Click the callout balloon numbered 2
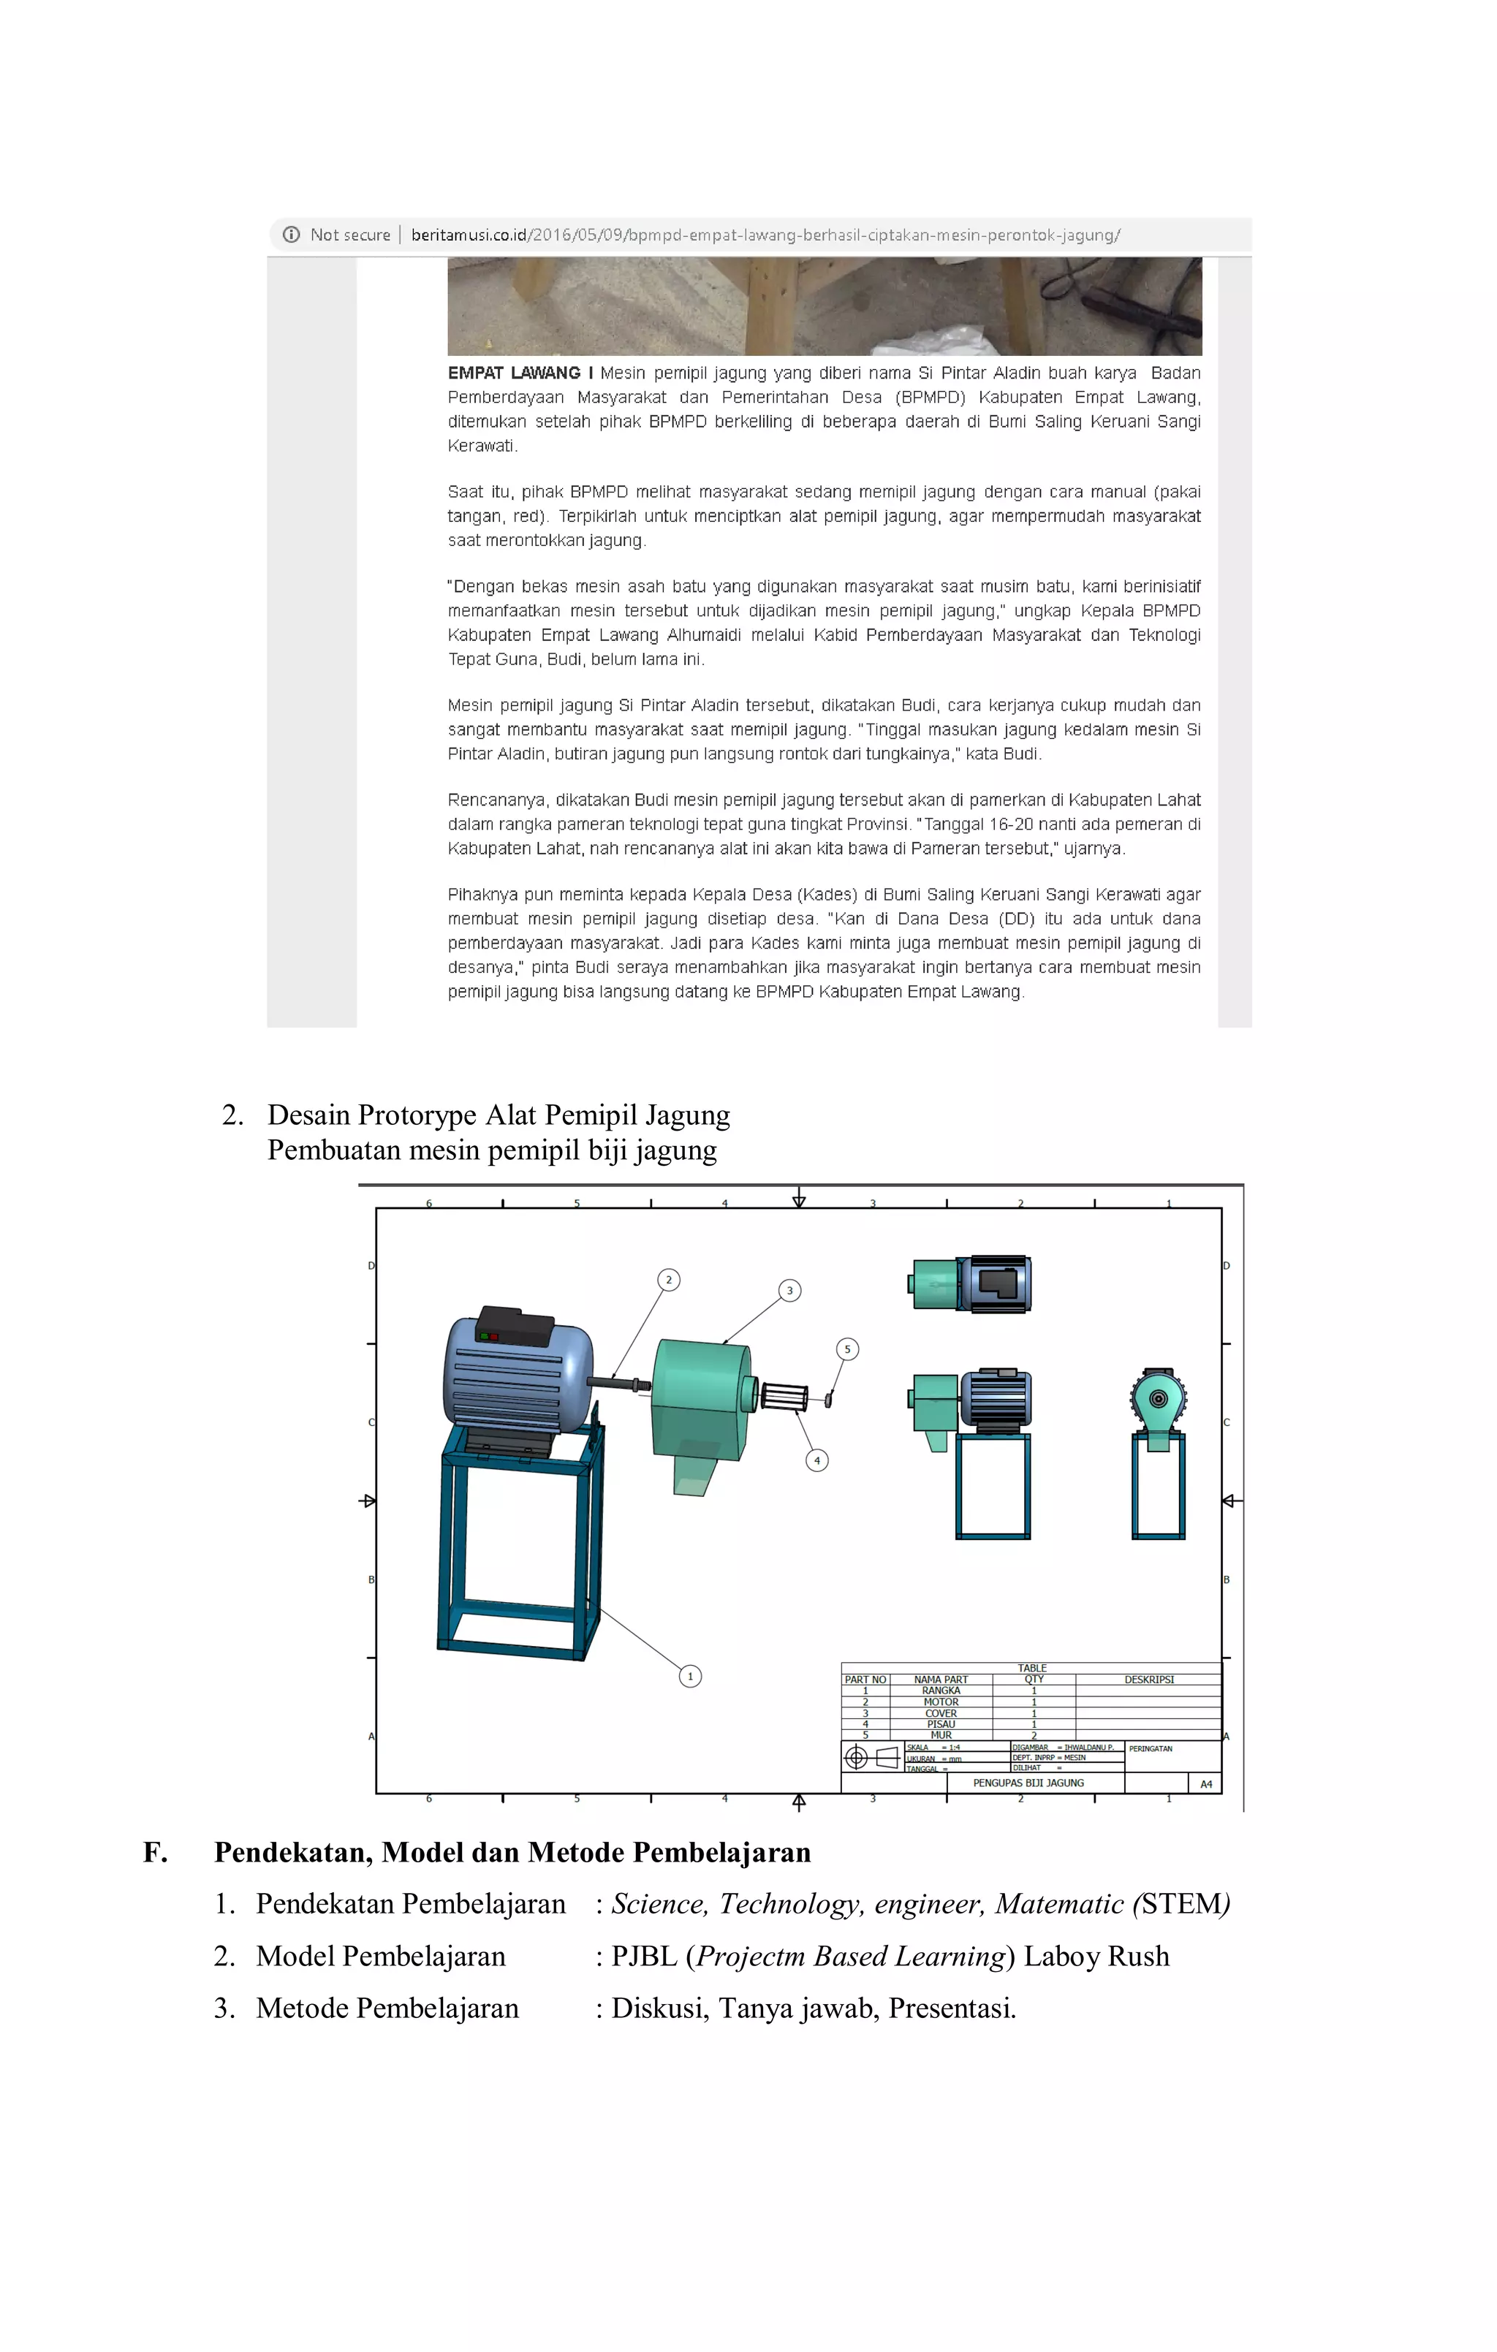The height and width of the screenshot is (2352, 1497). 668,1280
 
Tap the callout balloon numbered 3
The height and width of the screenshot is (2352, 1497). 789,1290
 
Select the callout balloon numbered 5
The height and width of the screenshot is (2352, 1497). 847,1349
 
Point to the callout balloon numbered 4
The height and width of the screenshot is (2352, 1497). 817,1460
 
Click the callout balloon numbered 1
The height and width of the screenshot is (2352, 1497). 690,1676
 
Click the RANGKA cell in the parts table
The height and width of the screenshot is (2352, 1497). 941,1691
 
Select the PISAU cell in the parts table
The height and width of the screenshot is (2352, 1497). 941,1724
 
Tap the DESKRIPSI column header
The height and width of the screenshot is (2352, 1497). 1148,1680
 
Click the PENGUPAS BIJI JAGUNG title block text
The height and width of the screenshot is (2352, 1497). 1028,1783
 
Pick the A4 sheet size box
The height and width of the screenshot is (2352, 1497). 1206,1783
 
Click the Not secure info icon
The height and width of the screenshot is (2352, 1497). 291,235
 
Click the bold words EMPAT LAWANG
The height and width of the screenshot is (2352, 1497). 514,373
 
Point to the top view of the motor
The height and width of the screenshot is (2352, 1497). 970,1283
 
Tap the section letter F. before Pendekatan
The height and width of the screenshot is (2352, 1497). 154,1853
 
